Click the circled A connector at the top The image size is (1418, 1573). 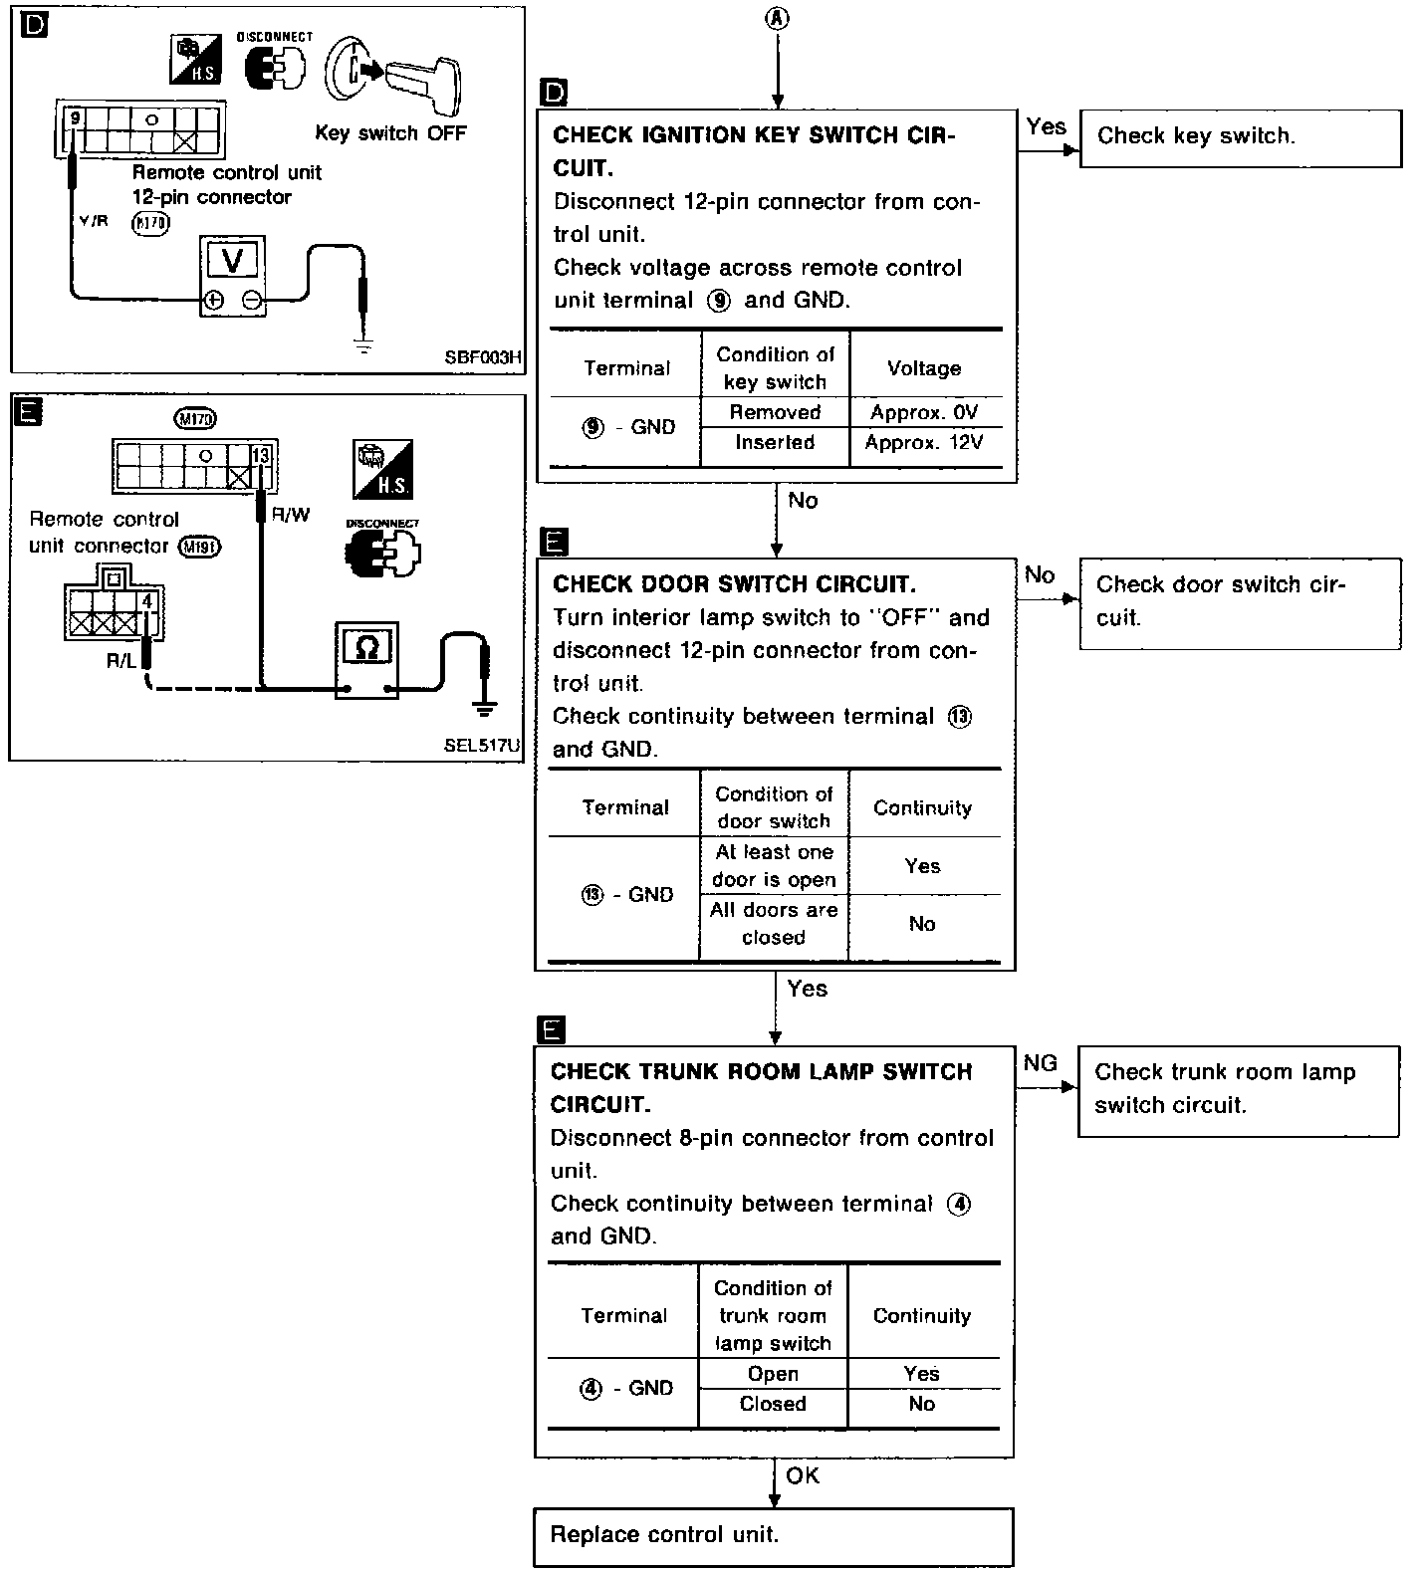click(778, 18)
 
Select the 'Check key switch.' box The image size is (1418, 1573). click(1239, 137)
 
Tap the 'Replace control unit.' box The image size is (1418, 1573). click(773, 1536)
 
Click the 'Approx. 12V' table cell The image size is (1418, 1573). click(924, 442)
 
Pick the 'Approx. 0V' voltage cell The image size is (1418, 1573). click(924, 412)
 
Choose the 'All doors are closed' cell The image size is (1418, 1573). click(774, 924)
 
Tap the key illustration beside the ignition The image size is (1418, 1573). click(423, 85)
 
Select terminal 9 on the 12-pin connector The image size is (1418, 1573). click(75, 118)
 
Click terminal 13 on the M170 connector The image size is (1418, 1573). click(261, 456)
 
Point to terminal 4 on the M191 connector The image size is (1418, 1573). click(147, 601)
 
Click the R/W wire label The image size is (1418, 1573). click(291, 515)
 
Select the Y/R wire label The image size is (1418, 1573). click(94, 221)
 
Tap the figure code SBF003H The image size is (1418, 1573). click(483, 357)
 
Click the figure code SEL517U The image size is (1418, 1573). click(482, 745)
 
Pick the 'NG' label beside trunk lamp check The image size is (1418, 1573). click(1041, 1063)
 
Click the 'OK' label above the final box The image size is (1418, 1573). click(803, 1475)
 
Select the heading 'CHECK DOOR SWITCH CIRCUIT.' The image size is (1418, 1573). click(734, 583)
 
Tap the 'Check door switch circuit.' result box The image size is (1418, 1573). click(1239, 602)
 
